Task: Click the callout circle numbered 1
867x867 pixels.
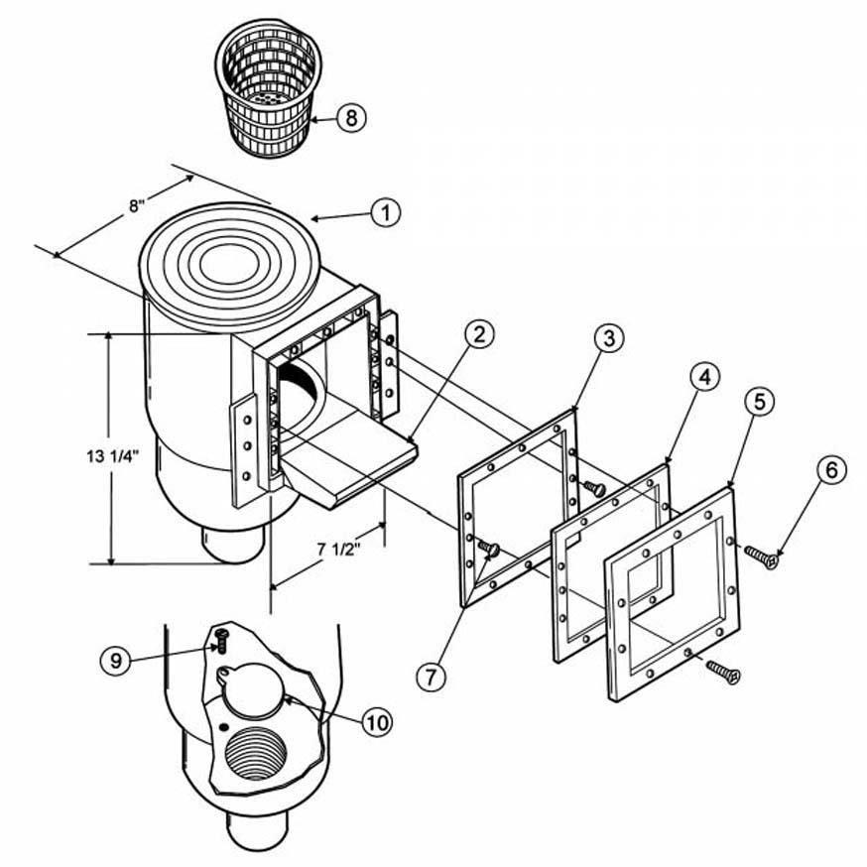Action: (386, 212)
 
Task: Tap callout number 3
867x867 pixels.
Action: (609, 338)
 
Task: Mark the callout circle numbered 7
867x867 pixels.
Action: (433, 678)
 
